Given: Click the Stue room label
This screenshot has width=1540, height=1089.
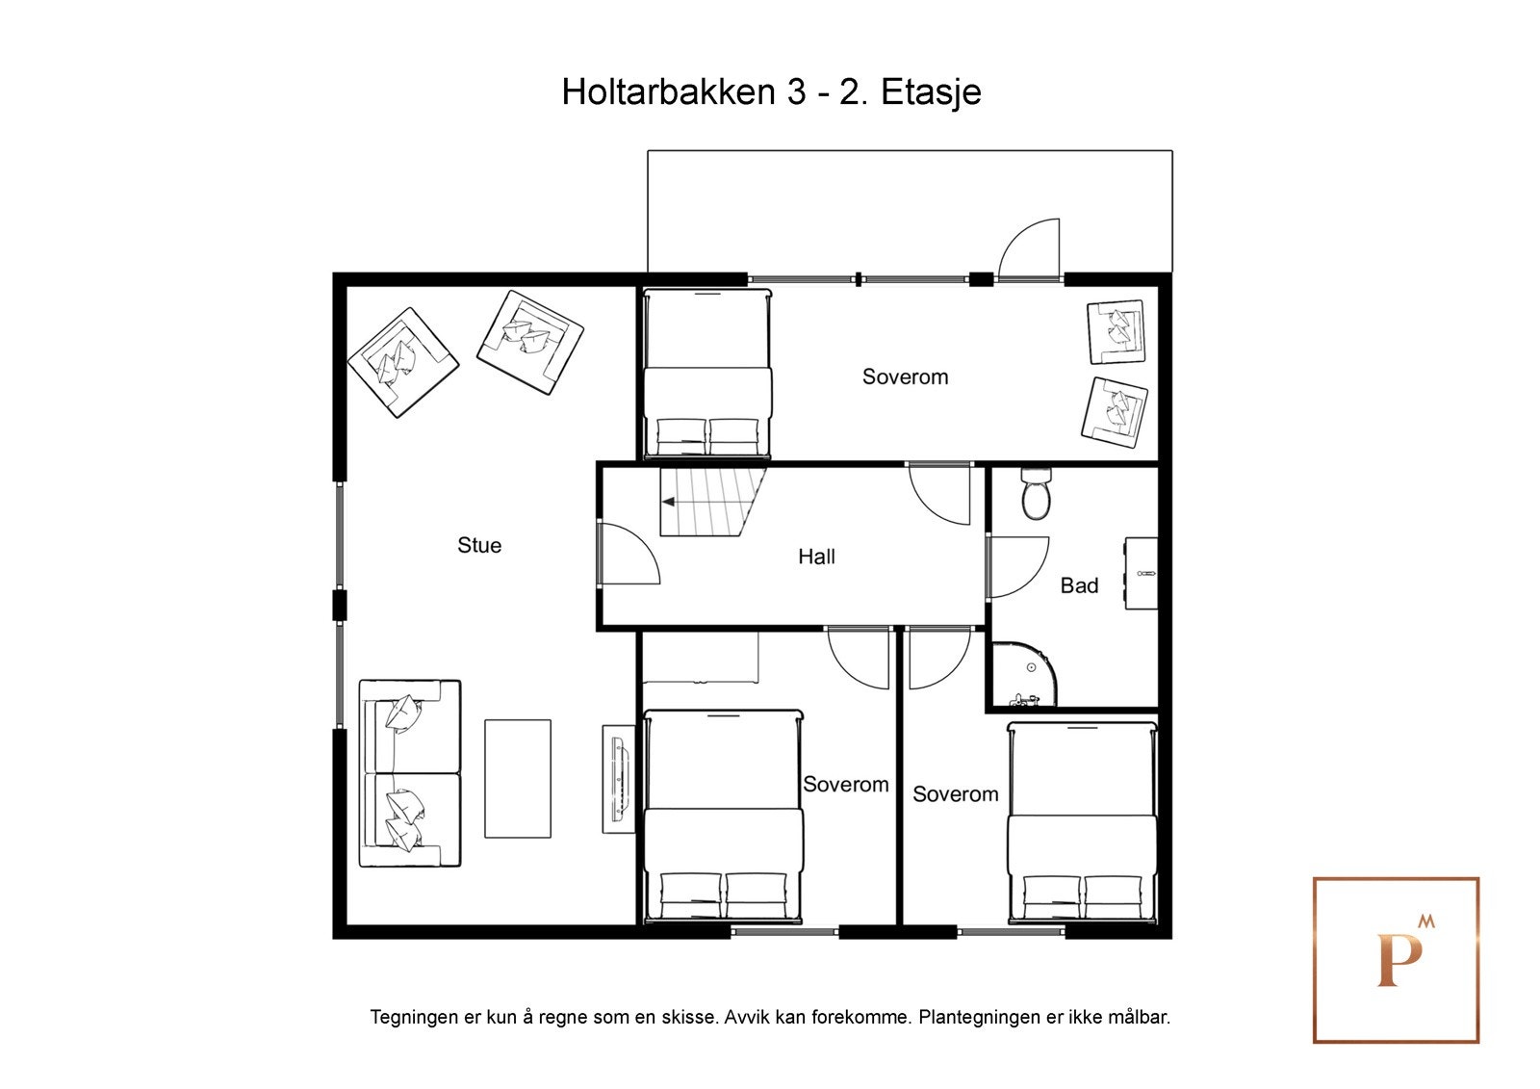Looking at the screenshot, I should (x=479, y=545).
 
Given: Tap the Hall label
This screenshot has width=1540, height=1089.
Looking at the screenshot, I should (x=816, y=557).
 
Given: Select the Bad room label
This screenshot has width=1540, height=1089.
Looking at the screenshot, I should (x=1079, y=585).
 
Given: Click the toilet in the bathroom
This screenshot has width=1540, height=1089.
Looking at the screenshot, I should (x=1036, y=495).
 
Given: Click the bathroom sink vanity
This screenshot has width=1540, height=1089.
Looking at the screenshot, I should (x=1142, y=573).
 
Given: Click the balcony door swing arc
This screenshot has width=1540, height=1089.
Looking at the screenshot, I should (x=1030, y=248).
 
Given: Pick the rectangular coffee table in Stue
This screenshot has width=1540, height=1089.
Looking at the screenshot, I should (x=518, y=778).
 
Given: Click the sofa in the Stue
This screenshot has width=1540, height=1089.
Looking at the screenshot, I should (x=409, y=774).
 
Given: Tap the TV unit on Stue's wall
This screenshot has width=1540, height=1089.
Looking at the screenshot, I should (x=619, y=778).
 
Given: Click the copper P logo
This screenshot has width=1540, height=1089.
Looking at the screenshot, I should (x=1396, y=959).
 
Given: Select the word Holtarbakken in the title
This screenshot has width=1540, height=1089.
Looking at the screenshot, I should (x=669, y=92).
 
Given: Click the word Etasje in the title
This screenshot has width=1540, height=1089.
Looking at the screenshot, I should (x=931, y=92).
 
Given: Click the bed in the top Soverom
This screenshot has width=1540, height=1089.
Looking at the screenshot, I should (x=707, y=376).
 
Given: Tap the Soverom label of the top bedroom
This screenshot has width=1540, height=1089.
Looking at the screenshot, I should (x=905, y=376).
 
